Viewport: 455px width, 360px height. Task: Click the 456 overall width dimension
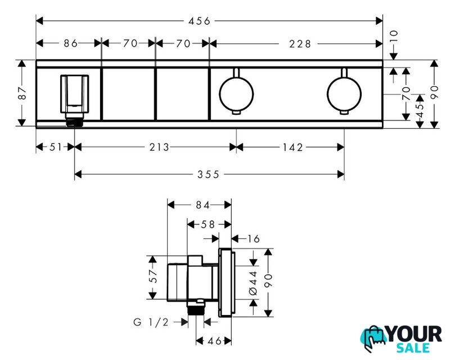(199, 21)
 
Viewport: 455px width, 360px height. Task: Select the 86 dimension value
(71, 43)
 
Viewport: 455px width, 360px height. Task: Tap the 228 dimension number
(300, 44)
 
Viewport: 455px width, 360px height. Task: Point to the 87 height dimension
(22, 93)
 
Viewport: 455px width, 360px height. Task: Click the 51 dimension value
(56, 147)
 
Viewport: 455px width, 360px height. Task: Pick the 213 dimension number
(159, 147)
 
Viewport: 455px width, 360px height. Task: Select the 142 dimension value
(293, 147)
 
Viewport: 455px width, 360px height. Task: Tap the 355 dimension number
(208, 174)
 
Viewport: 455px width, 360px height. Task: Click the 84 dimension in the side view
(202, 205)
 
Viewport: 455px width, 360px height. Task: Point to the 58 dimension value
(208, 224)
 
